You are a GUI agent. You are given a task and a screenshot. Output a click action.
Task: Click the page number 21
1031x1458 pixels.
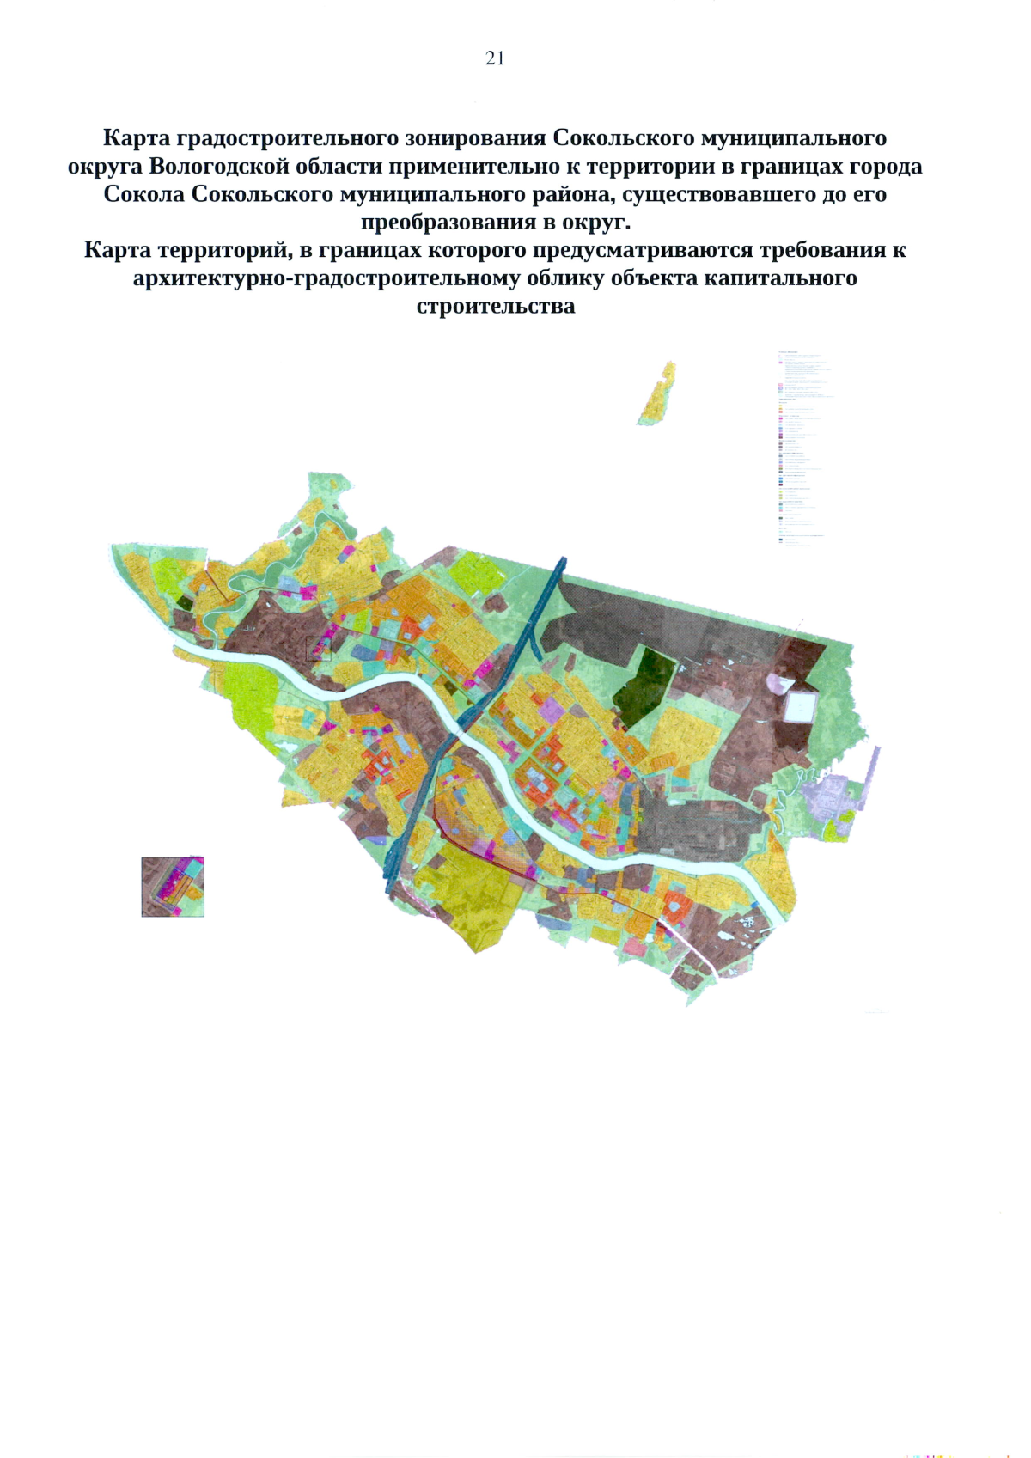tap(495, 58)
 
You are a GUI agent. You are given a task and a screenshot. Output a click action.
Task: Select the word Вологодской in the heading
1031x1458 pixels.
tap(218, 167)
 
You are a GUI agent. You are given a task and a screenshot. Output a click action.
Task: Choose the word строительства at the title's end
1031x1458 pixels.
tap(496, 307)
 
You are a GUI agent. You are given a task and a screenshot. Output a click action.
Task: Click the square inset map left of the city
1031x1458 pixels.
tap(173, 887)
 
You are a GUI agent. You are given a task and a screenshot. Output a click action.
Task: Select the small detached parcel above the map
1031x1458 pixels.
tap(658, 394)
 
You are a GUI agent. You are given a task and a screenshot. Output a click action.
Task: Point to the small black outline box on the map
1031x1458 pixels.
tap(318, 649)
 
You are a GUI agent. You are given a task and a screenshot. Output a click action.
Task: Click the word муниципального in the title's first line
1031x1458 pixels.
tap(795, 138)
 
